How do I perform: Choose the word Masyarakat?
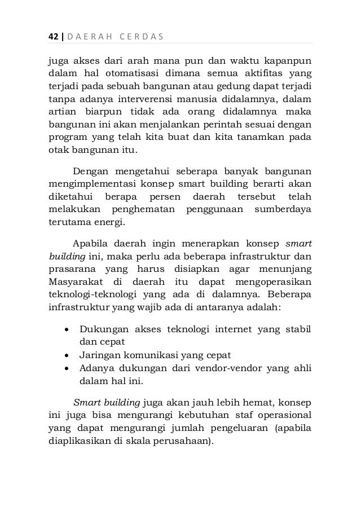76,281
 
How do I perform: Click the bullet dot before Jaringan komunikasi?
68,355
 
